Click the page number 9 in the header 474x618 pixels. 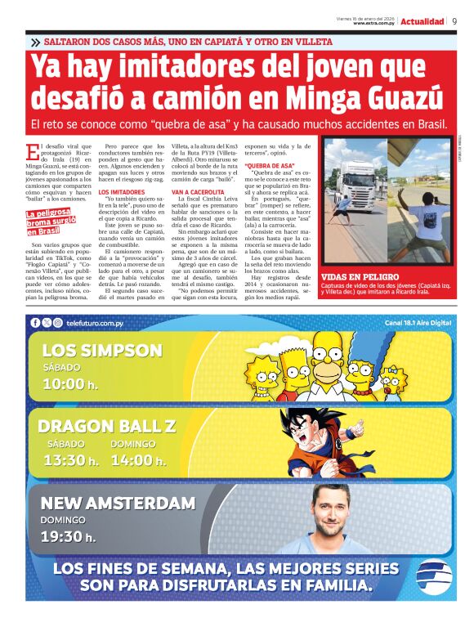(454, 21)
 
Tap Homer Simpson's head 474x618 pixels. (334, 347)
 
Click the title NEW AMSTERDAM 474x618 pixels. (118, 503)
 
